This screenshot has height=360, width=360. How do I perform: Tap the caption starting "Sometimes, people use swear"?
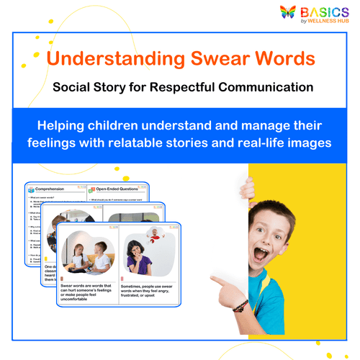point(148,292)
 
